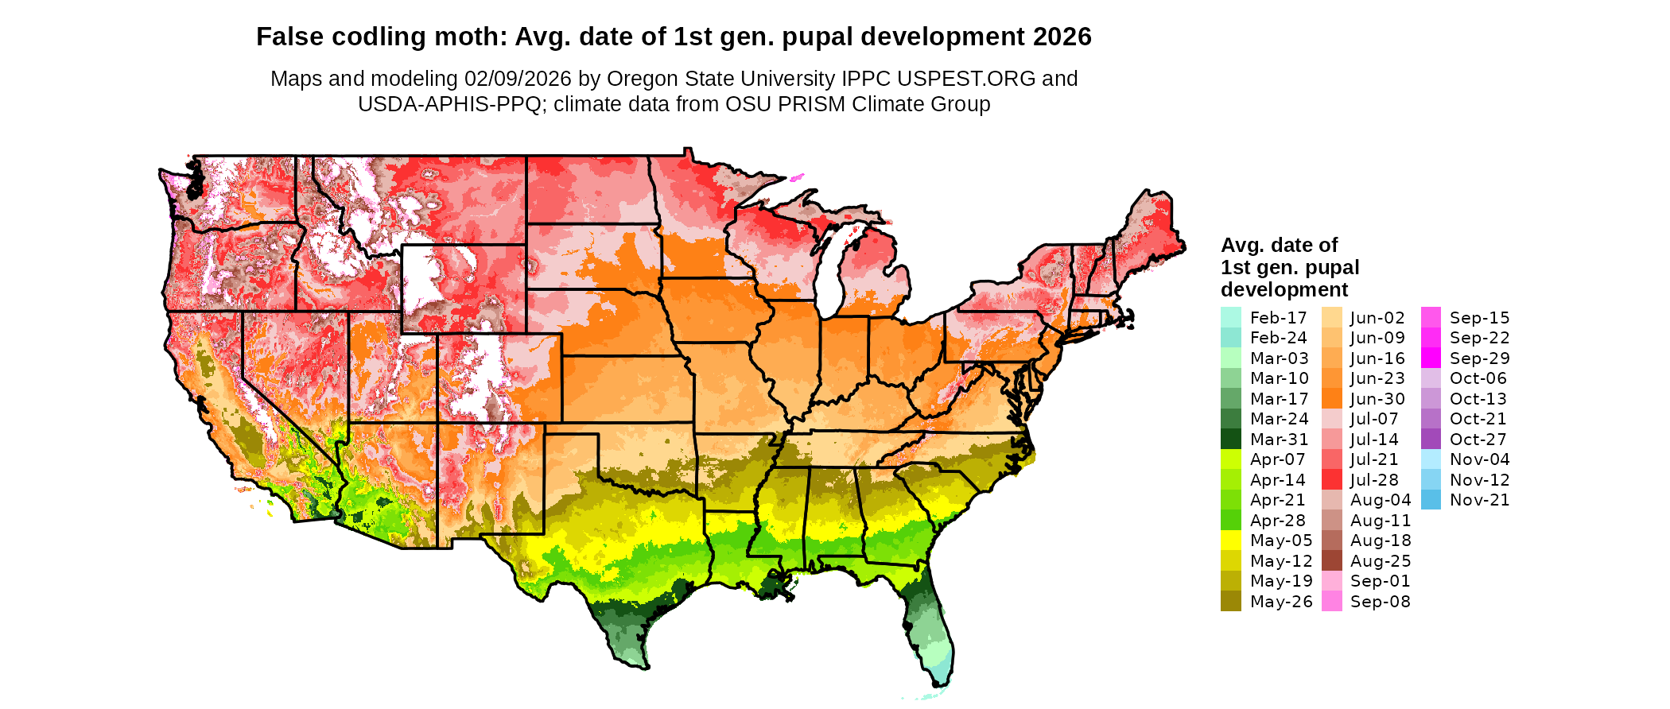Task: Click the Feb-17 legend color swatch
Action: click(1230, 317)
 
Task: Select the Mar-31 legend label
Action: click(1279, 439)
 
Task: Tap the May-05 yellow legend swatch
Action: click(1230, 540)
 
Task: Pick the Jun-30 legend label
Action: click(1377, 399)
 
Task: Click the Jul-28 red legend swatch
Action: click(1331, 479)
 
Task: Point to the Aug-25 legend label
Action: click(1381, 560)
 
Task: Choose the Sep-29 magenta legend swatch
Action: click(1431, 358)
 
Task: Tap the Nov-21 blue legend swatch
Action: click(1431, 499)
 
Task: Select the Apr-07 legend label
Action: click(1278, 459)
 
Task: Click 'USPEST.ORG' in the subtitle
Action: click(966, 79)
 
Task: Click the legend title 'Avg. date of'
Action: click(1279, 245)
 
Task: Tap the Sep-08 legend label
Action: click(1381, 601)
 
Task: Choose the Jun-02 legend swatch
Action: click(1331, 317)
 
